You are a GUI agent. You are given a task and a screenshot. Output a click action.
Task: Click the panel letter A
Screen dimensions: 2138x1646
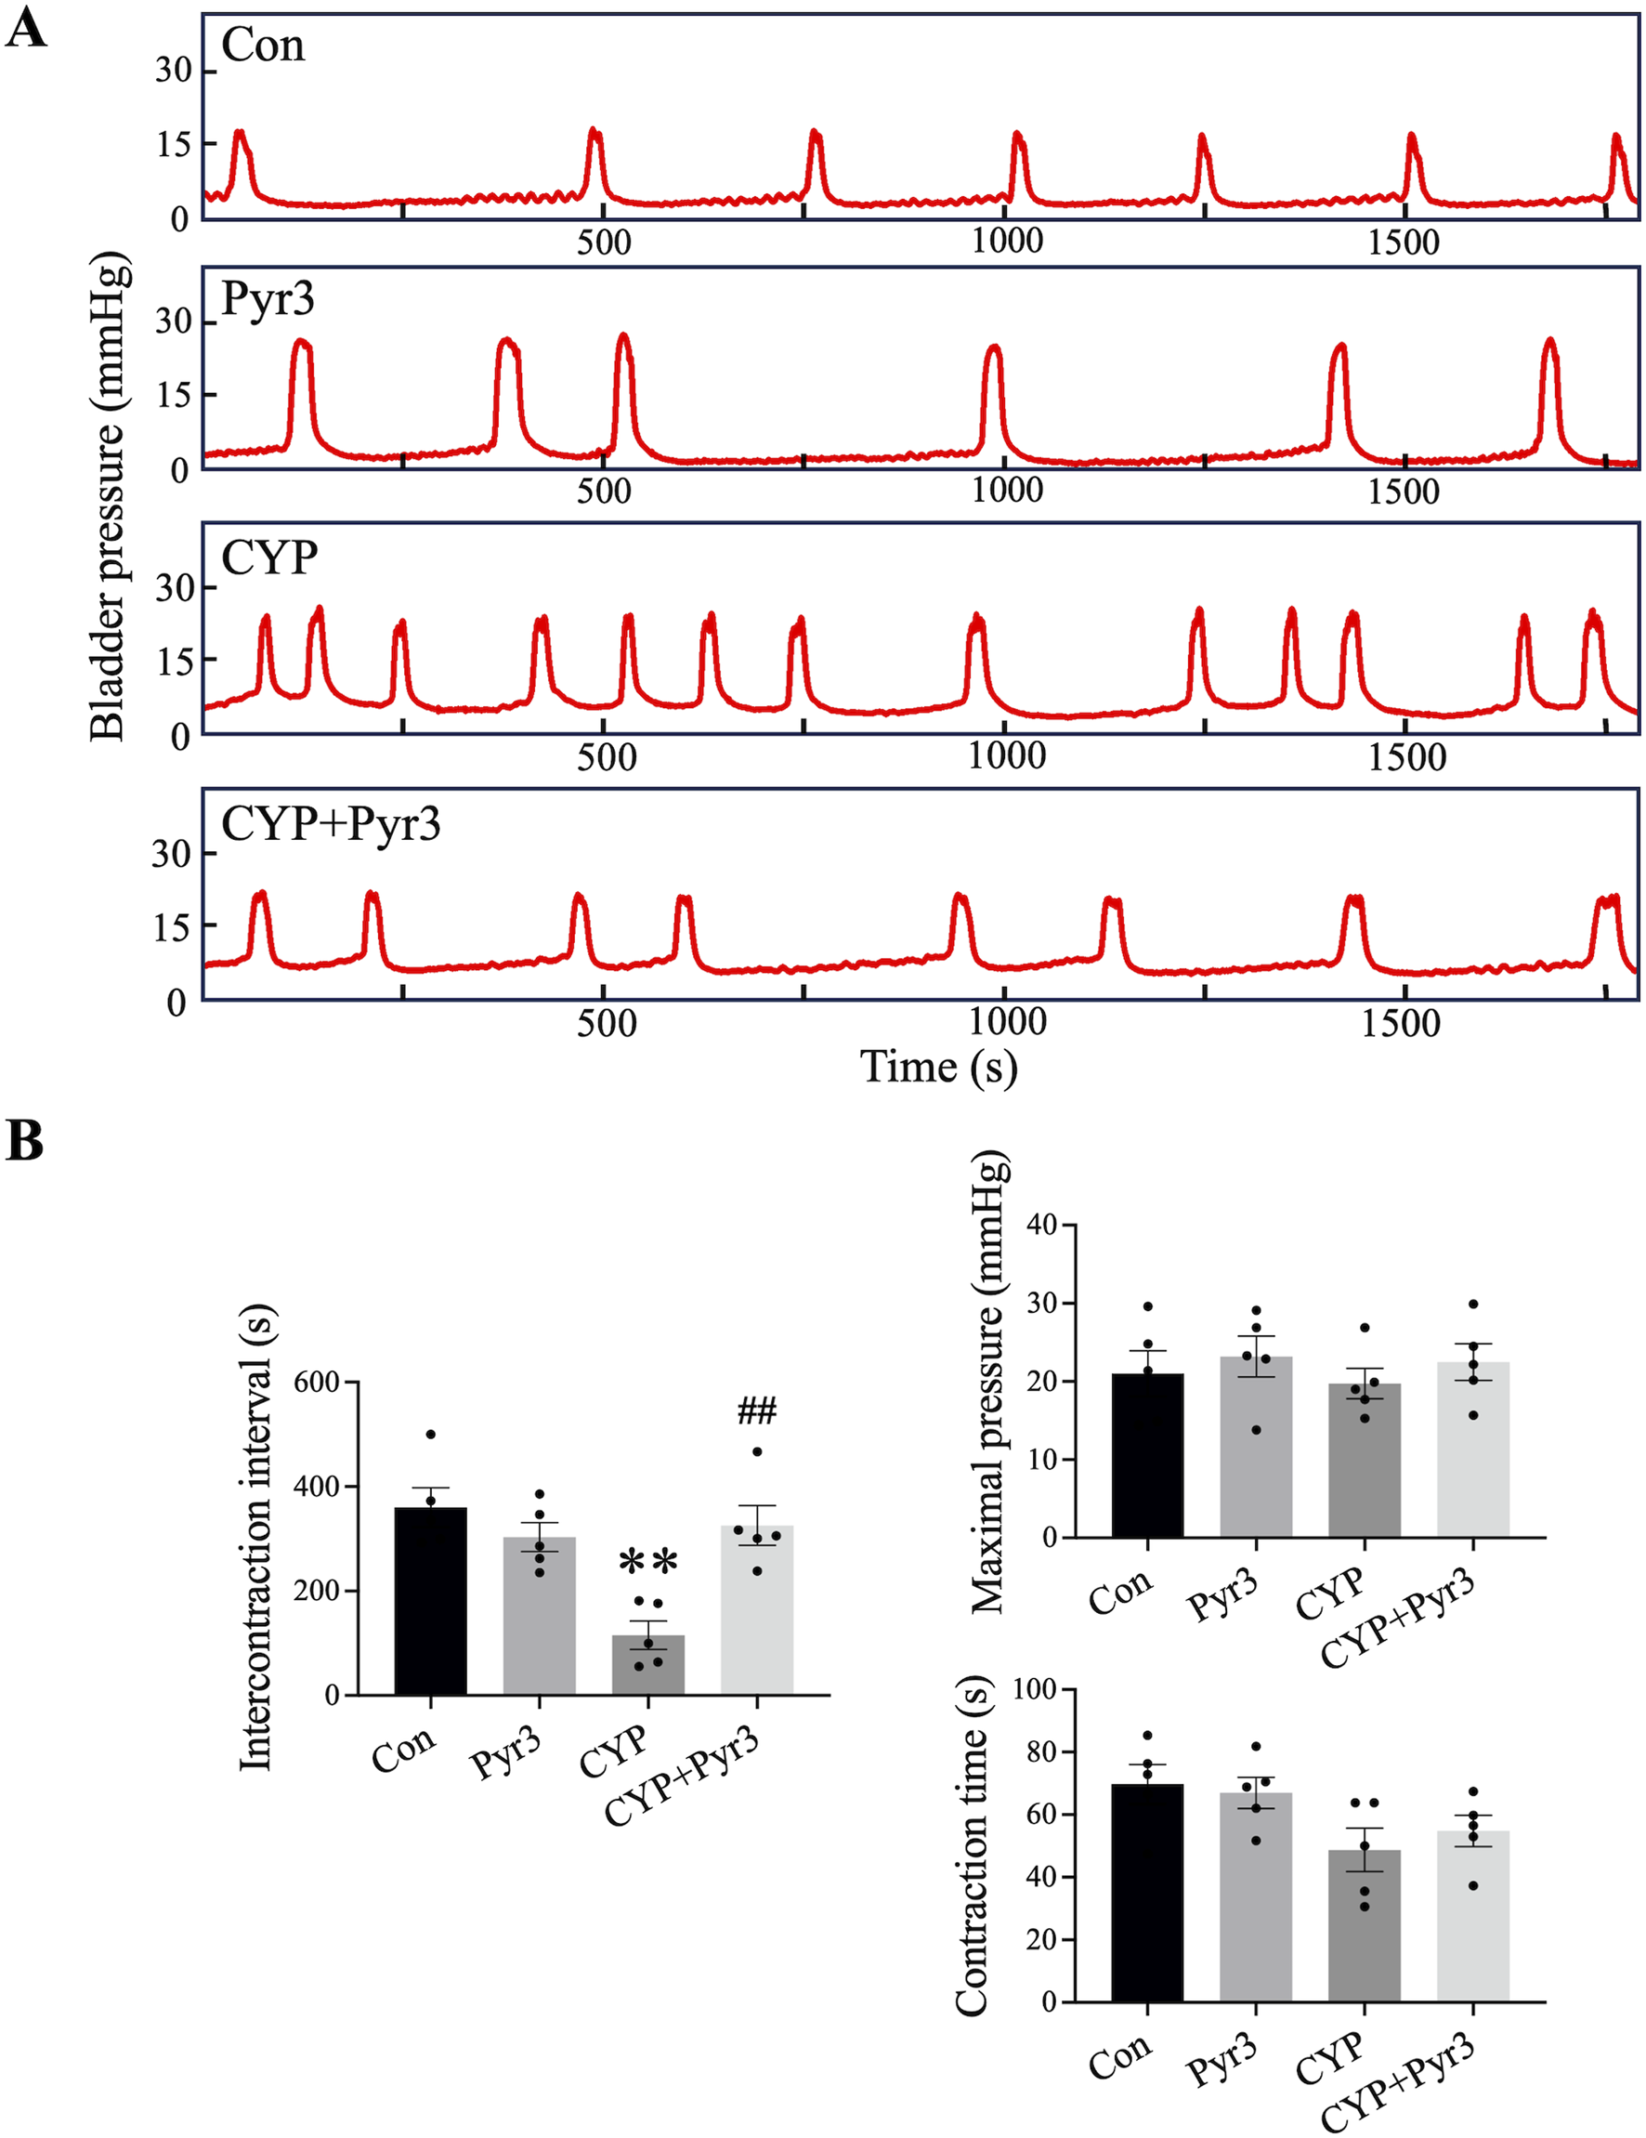coord(25,30)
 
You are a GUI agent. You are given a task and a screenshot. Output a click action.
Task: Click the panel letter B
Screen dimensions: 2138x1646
coord(24,1140)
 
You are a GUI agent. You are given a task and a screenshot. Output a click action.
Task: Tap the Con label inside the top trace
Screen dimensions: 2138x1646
coord(262,45)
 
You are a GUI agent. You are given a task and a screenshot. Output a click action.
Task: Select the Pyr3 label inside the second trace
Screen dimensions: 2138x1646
coord(268,297)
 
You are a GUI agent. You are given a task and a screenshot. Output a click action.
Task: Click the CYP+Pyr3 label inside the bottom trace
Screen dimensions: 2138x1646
coord(331,823)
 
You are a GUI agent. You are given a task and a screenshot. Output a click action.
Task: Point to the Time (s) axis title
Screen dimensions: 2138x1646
coord(937,1067)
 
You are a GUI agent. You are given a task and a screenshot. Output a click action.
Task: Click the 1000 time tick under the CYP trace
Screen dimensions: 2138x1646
coord(1006,755)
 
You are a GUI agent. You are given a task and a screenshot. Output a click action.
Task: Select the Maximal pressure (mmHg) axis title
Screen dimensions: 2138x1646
coord(989,1382)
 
